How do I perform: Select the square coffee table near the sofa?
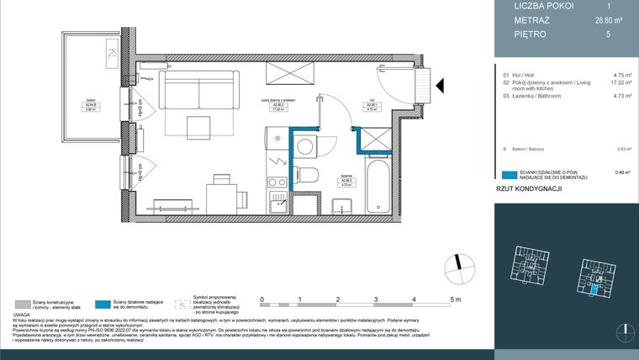click(x=199, y=125)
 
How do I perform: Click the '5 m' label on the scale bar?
click(x=455, y=299)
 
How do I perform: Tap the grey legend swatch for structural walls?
click(x=22, y=304)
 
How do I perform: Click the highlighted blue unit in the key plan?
click(x=595, y=289)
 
